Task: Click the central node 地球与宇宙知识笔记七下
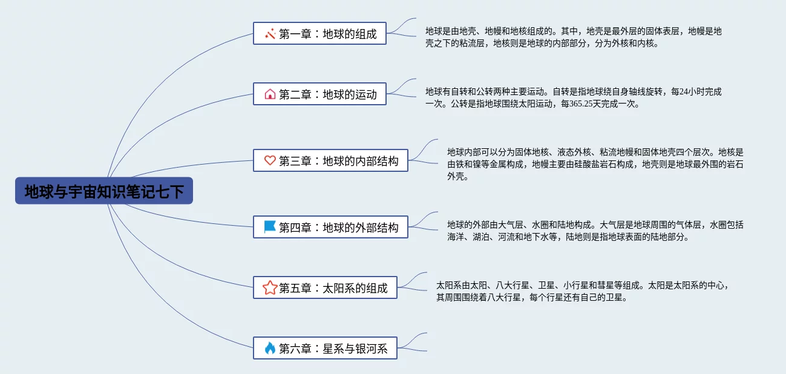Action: (104, 191)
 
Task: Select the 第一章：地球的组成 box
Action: (319, 34)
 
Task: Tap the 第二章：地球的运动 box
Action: (319, 94)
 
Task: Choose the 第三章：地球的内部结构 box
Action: (330, 160)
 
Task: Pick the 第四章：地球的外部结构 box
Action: (330, 227)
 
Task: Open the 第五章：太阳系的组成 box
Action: (325, 287)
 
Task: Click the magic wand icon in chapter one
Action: (270, 34)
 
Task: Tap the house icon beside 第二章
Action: (270, 94)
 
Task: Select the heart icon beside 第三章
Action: (270, 160)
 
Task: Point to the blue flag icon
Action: (270, 227)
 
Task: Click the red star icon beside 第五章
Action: (270, 287)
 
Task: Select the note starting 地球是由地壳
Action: (573, 37)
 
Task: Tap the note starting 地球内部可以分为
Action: (595, 164)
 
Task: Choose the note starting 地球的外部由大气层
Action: (595, 231)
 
